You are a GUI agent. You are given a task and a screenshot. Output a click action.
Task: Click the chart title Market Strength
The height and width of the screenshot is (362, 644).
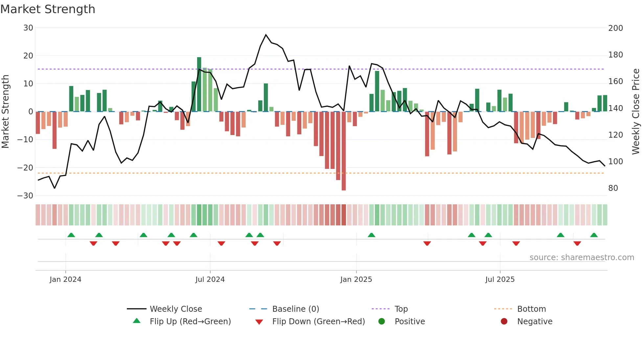pyautogui.click(x=48, y=9)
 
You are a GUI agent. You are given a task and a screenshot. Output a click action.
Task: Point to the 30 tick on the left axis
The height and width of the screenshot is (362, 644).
pyautogui.click(x=28, y=28)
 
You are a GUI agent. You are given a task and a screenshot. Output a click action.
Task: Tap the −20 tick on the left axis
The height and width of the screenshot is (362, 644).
pyautogui.click(x=25, y=168)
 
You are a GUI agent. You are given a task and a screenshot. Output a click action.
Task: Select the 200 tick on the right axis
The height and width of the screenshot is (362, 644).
pyautogui.click(x=615, y=28)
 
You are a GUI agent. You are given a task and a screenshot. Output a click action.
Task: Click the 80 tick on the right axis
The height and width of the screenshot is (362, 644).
pyautogui.click(x=613, y=188)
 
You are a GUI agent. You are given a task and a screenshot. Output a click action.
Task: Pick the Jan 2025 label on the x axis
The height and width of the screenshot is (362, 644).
pyautogui.click(x=356, y=280)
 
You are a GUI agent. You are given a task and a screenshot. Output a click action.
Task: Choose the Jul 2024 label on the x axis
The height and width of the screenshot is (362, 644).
pyautogui.click(x=210, y=280)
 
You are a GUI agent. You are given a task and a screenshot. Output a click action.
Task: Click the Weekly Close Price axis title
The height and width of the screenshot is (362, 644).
pyautogui.click(x=636, y=112)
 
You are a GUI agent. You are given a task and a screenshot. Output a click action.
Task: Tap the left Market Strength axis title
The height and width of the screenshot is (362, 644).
pyautogui.click(x=6, y=112)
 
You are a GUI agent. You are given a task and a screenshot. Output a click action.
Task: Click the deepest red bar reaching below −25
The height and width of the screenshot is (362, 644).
pyautogui.click(x=344, y=151)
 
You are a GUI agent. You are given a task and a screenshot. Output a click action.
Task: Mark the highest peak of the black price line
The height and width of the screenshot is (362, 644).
pyautogui.click(x=266, y=34)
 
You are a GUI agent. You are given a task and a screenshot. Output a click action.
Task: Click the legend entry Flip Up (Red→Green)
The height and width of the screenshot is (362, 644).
pyautogui.click(x=190, y=322)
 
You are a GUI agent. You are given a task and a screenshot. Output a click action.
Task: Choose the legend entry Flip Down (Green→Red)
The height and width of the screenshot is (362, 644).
pyautogui.click(x=318, y=322)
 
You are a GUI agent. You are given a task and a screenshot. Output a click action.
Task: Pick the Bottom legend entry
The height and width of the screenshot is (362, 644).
pyautogui.click(x=531, y=309)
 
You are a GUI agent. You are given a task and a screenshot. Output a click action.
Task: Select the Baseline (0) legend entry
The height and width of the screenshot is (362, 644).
pyautogui.click(x=295, y=309)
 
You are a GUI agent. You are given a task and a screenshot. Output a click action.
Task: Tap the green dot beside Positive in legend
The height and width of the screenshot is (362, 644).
pyautogui.click(x=381, y=322)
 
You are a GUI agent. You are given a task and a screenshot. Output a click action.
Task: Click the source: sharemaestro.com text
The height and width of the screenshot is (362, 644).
pyautogui.click(x=582, y=258)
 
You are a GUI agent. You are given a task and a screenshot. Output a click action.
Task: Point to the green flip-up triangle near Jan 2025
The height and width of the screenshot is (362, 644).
pyautogui.click(x=372, y=235)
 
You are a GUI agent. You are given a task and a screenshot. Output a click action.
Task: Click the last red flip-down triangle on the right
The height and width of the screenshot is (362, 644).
pyautogui.click(x=577, y=243)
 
